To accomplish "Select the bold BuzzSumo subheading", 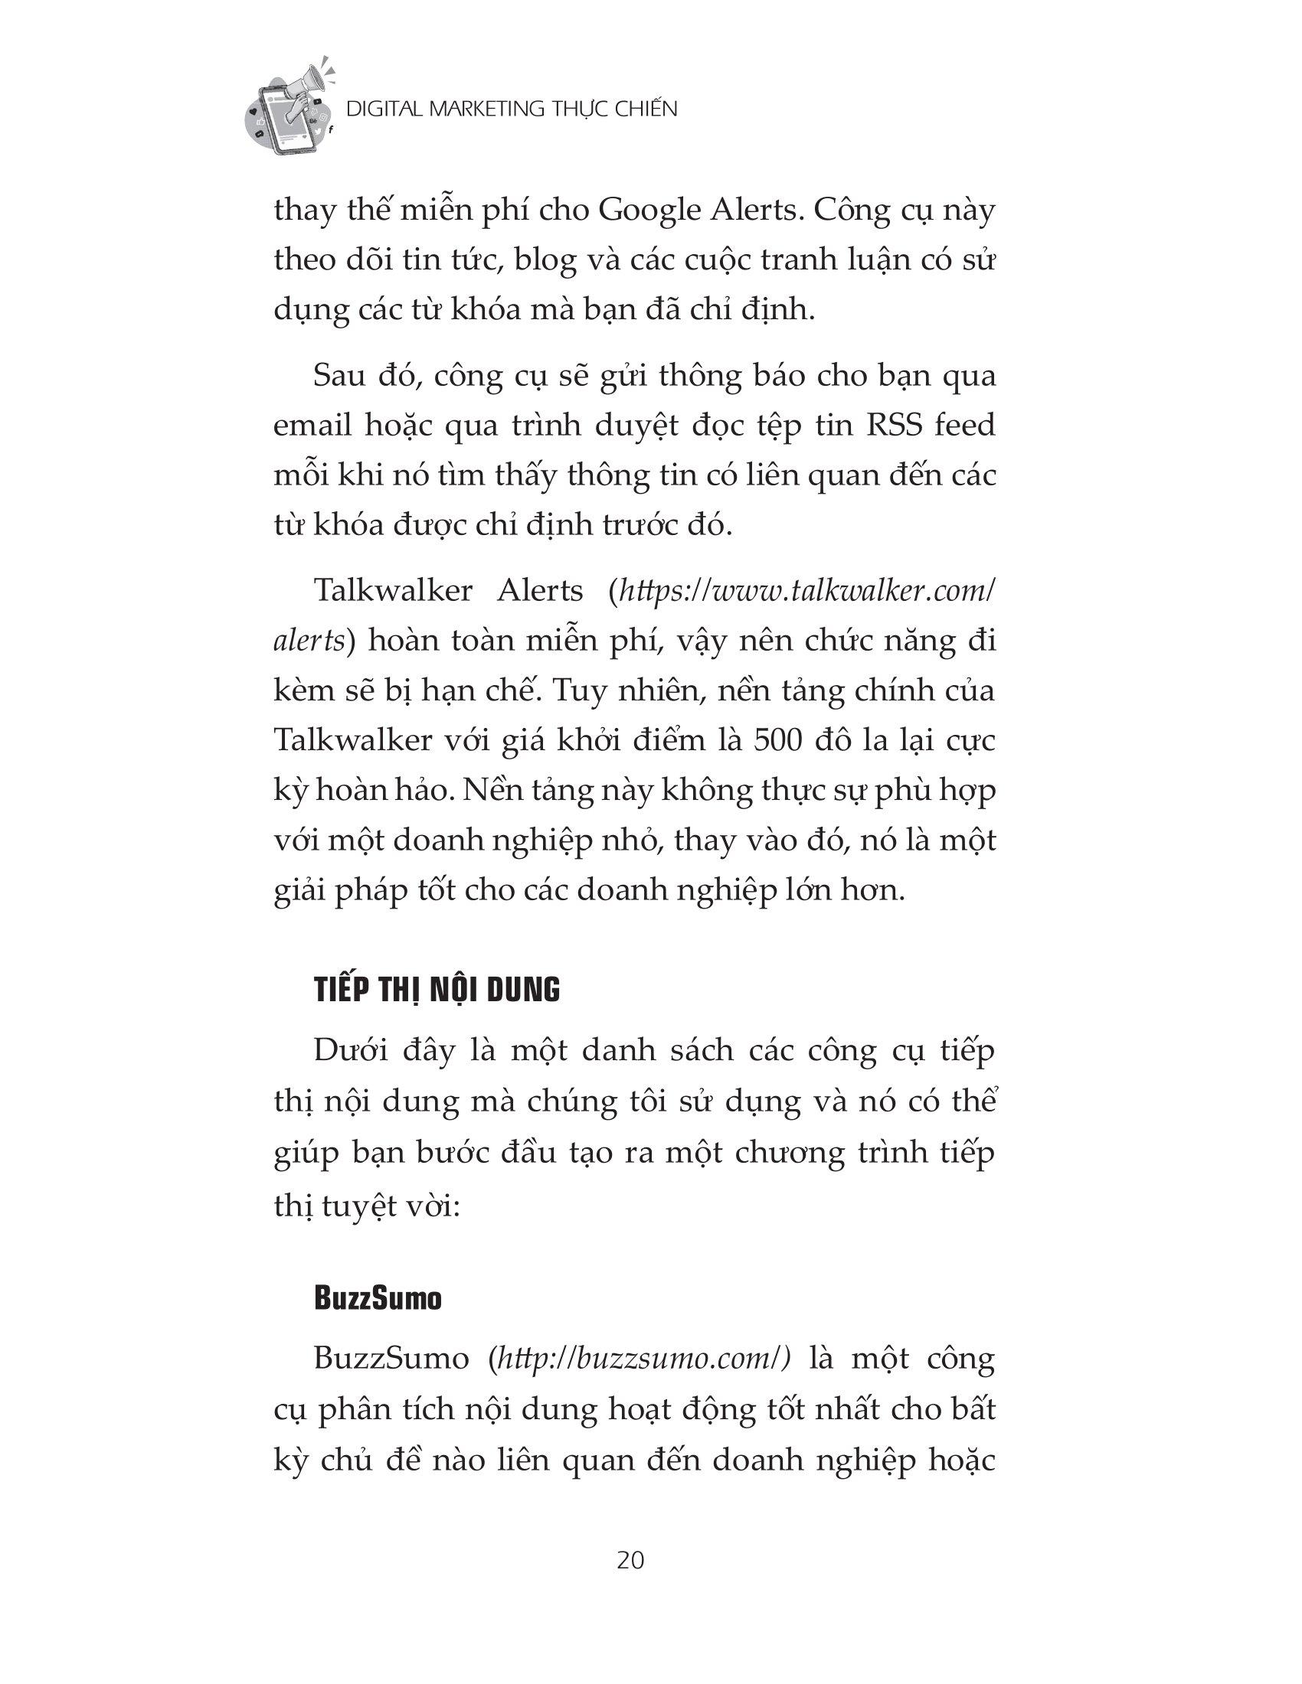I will pyautogui.click(x=378, y=1299).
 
